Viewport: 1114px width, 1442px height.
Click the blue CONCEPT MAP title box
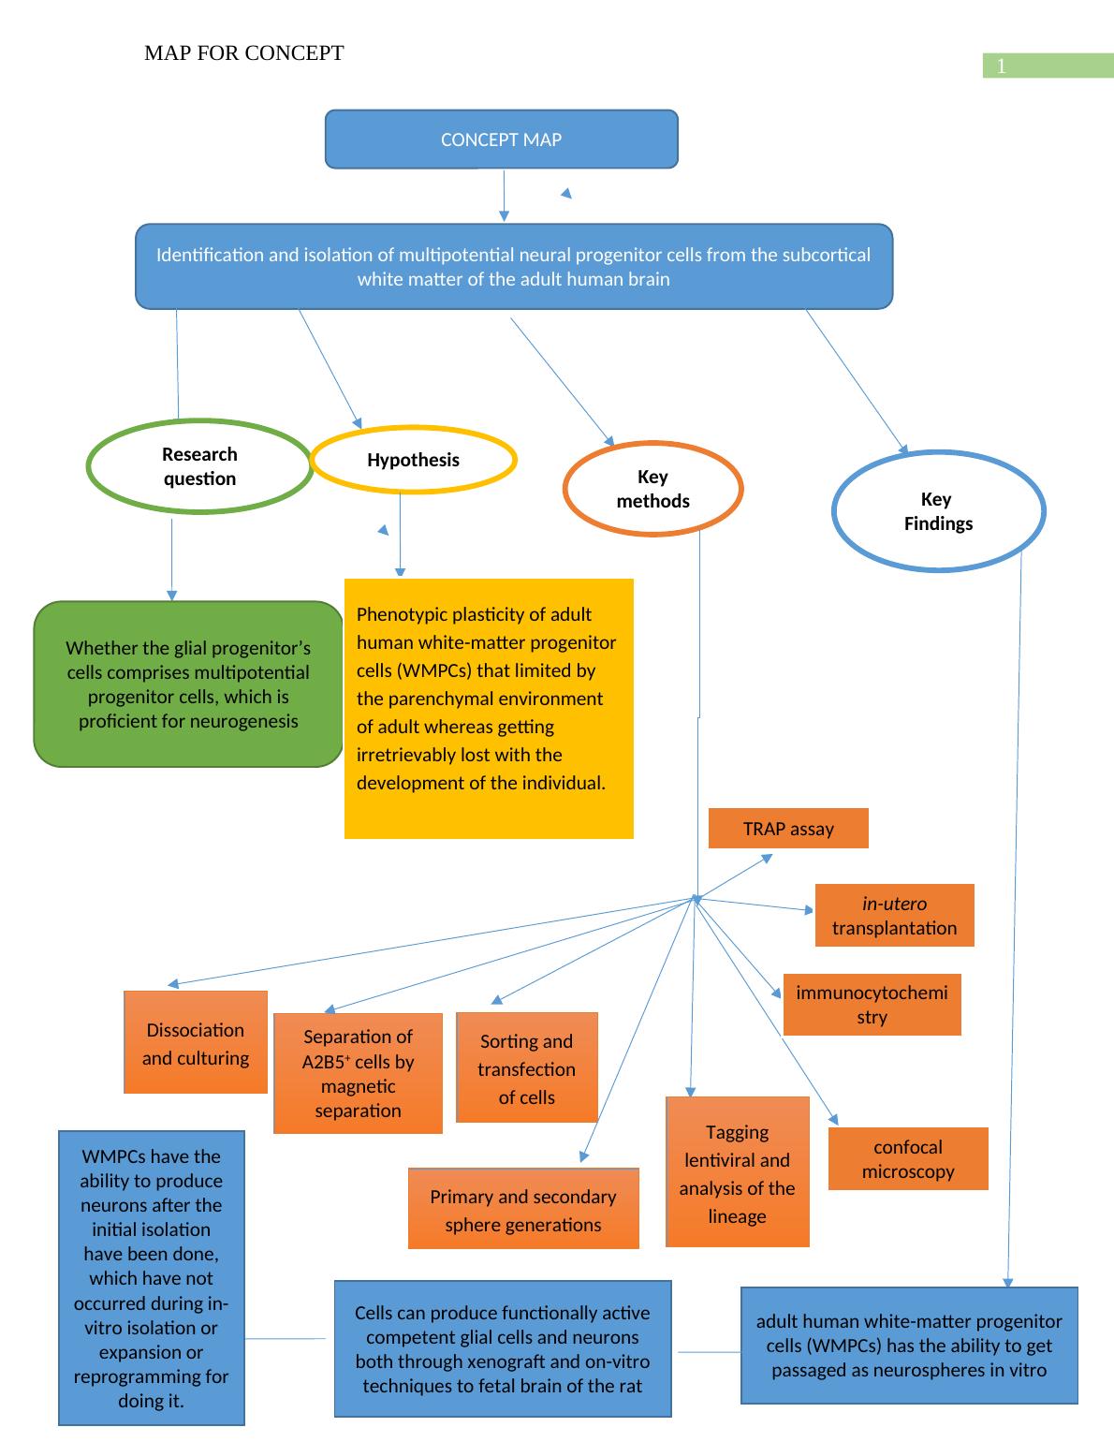[x=501, y=140]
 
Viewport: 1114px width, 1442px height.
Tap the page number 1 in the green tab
[x=1002, y=66]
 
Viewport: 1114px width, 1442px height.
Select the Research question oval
[x=199, y=466]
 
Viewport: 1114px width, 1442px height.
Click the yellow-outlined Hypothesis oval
[x=413, y=460]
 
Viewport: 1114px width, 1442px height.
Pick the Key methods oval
[x=652, y=489]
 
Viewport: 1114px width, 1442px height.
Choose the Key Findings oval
[x=938, y=511]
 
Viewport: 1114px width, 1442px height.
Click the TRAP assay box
[x=788, y=829]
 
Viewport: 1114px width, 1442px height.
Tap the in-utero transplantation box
[x=894, y=916]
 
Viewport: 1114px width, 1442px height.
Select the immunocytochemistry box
[x=872, y=1005]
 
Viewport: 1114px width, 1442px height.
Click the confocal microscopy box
[x=907, y=1159]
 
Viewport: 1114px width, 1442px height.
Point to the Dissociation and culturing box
[x=195, y=1043]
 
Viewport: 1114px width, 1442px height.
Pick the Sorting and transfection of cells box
[x=526, y=1068]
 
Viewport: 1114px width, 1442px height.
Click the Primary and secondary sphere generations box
[x=522, y=1210]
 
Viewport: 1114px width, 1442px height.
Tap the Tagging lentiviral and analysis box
[x=737, y=1173]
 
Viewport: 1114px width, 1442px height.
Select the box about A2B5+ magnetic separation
[x=358, y=1074]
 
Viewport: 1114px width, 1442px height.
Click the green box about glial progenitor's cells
[x=188, y=684]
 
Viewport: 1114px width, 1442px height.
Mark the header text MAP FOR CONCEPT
[x=243, y=53]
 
